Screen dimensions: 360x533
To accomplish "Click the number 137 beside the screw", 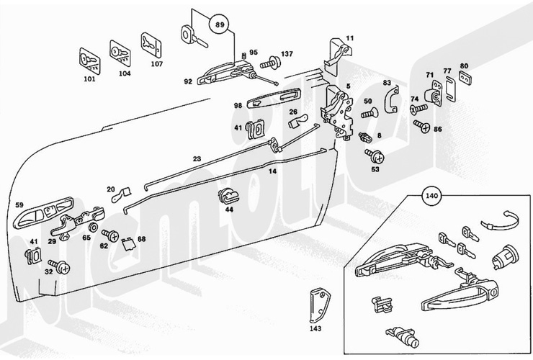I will [x=287, y=54].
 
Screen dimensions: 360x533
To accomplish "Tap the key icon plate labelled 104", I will [x=118, y=52].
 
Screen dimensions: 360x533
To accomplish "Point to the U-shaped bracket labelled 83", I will [x=390, y=97].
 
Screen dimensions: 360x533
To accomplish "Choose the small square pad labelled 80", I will [x=465, y=77].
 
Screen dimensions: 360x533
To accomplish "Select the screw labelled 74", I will [x=417, y=109].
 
